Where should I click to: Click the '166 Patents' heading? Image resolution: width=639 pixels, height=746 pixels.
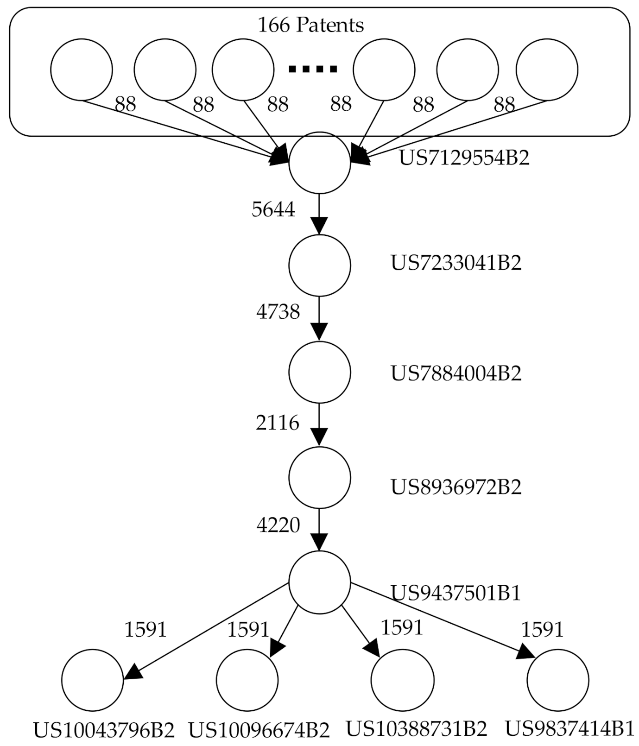point(310,25)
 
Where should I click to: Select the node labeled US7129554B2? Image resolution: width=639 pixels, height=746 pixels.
point(319,163)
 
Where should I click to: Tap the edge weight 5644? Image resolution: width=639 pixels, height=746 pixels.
point(273,209)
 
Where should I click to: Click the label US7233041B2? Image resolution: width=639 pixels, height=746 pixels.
point(456,263)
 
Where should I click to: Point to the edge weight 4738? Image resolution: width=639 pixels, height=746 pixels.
point(278,312)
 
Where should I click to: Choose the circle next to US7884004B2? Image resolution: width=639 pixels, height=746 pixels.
point(319,372)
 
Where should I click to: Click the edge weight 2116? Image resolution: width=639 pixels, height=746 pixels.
point(277,423)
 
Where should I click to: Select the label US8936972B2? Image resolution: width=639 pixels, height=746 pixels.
point(456,487)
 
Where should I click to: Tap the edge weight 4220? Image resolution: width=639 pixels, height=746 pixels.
point(278,525)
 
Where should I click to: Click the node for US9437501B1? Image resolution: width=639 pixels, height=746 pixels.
point(319,582)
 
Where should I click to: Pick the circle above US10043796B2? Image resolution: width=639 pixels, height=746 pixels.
point(92,680)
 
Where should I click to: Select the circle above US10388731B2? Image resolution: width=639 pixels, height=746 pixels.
point(402,680)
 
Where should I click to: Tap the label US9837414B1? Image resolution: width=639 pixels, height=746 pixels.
point(569,729)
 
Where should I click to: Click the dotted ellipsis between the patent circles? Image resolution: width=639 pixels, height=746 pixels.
point(313,70)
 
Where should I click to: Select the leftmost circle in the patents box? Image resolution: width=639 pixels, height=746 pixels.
point(81,70)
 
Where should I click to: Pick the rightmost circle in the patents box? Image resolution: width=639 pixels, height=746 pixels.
point(547,70)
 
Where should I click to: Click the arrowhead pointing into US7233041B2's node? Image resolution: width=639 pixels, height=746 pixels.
point(319,226)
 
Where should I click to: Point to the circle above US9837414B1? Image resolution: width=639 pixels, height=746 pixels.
point(557,680)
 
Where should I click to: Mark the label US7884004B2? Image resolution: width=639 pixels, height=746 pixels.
point(456,373)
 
